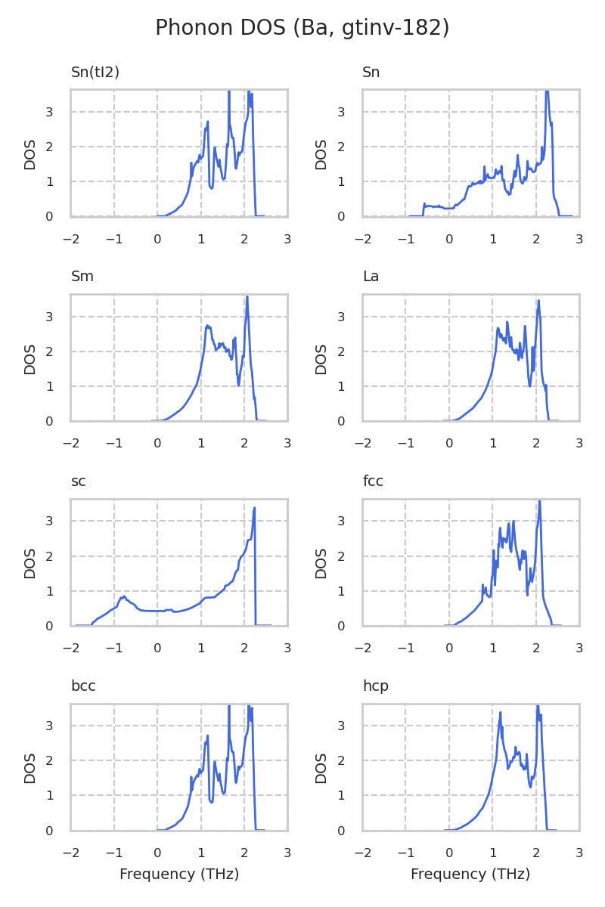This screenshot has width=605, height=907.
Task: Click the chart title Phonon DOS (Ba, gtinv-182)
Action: (302, 28)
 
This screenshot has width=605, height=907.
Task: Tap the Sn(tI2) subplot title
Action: (95, 73)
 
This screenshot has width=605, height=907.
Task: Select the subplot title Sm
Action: (82, 277)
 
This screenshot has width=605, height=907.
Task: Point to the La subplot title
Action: (371, 277)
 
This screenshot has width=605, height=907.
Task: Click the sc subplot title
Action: (79, 481)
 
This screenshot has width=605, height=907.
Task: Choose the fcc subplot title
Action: (373, 481)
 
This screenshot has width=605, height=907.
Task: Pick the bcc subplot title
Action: (83, 686)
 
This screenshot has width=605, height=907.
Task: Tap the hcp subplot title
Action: (375, 686)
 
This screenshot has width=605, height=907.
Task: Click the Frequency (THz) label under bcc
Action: (179, 874)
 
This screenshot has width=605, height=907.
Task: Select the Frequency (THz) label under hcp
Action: (470, 874)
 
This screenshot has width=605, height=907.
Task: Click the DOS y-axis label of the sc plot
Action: (30, 562)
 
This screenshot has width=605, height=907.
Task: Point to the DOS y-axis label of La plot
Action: (321, 358)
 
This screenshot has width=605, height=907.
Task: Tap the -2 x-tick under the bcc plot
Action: (71, 853)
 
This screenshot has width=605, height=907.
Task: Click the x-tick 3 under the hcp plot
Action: (579, 853)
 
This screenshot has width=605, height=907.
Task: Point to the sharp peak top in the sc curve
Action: (254, 508)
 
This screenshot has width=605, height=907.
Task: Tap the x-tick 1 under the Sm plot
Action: (201, 444)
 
